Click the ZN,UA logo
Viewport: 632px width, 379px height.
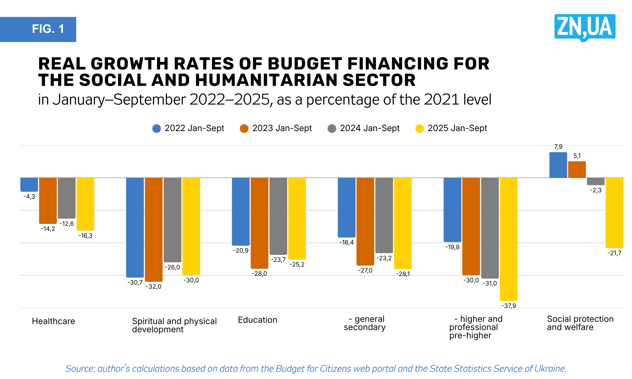tap(585, 27)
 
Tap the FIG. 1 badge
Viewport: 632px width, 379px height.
tap(38, 29)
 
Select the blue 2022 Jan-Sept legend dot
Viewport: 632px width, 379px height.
tap(156, 129)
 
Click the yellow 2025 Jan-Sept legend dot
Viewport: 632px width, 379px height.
tap(419, 129)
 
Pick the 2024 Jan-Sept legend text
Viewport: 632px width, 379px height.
tap(370, 128)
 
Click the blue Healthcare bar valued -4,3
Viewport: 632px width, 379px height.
tap(29, 184)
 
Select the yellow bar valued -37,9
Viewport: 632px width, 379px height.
tap(508, 239)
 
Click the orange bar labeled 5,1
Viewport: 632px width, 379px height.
tap(577, 170)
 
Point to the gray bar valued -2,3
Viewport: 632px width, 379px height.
tap(596, 181)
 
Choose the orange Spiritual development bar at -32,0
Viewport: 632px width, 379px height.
tap(154, 229)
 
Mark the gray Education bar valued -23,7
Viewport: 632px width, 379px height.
tap(278, 216)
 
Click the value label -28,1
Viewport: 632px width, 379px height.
tap(403, 274)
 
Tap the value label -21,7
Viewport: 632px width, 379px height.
tap(614, 253)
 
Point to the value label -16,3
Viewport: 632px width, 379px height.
tap(85, 236)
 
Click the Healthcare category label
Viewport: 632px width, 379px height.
tap(53, 321)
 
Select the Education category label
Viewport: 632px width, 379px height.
tap(258, 320)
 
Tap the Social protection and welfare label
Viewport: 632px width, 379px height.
tap(580, 323)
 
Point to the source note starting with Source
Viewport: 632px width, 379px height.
tap(316, 369)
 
